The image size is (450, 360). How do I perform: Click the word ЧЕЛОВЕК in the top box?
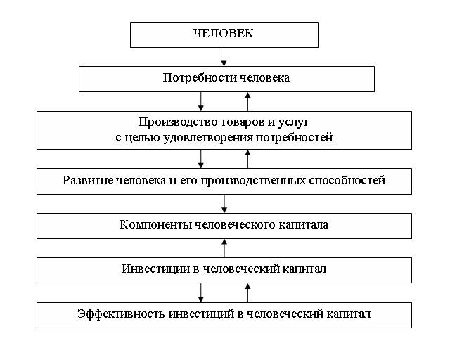coord(224,33)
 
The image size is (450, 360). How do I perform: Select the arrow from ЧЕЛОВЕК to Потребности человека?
coord(224,57)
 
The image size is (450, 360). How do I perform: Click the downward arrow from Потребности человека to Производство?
coord(201,102)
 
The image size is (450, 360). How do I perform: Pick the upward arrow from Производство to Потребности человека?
coord(248,102)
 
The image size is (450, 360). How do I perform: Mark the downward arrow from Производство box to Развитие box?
coord(201,159)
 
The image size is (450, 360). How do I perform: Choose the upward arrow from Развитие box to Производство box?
coord(248,159)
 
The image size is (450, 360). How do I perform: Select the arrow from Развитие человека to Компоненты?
coord(224,204)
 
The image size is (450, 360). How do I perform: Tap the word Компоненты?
coord(155,225)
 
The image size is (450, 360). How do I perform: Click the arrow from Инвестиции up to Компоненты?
coord(224,248)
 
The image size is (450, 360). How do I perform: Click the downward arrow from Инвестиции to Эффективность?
coord(201,292)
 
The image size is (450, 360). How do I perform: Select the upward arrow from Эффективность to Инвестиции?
coord(248,292)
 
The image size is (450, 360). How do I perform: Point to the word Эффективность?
coord(121,314)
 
